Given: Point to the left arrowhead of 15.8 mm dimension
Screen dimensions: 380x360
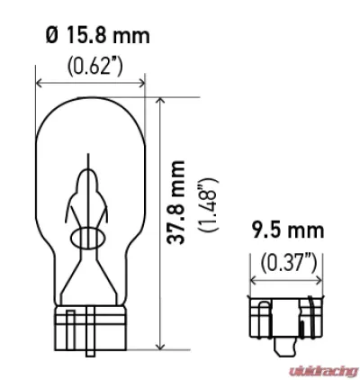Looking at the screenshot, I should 39,83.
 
